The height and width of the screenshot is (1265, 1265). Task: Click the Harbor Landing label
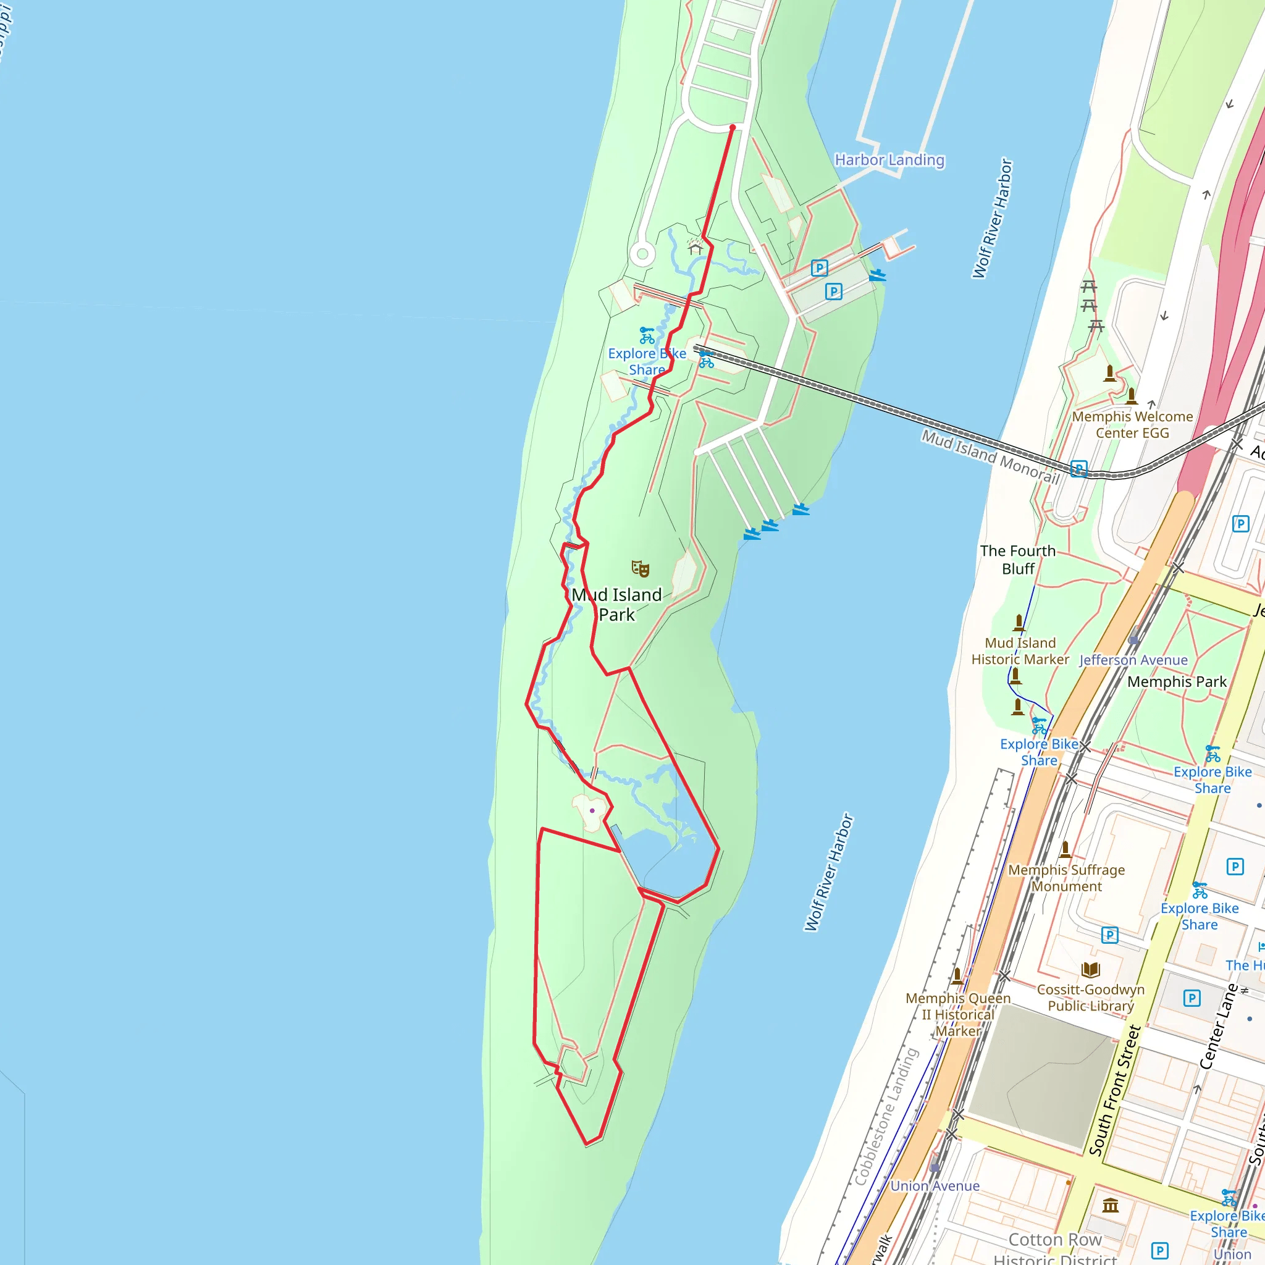pyautogui.click(x=889, y=160)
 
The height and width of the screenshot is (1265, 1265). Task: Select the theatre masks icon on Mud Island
pyautogui.click(x=640, y=568)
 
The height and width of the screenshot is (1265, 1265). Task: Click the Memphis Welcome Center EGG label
pyautogui.click(x=1132, y=424)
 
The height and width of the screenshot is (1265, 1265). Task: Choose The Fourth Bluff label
pyautogui.click(x=1017, y=559)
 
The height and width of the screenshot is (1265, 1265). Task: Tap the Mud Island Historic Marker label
pyautogui.click(x=1020, y=651)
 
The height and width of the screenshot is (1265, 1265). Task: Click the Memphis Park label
pyautogui.click(x=1177, y=682)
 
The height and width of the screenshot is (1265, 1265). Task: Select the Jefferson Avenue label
pyautogui.click(x=1133, y=660)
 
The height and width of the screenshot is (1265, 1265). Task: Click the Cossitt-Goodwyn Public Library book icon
pyautogui.click(x=1090, y=970)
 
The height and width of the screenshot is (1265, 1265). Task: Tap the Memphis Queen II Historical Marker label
pyautogui.click(x=958, y=1014)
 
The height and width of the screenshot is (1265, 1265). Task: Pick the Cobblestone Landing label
pyautogui.click(x=886, y=1116)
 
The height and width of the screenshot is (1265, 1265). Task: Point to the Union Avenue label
pyautogui.click(x=935, y=1186)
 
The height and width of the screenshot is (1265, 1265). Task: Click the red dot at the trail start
pyautogui.click(x=732, y=128)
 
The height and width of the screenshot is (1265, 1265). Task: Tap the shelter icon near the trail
pyautogui.click(x=696, y=247)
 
